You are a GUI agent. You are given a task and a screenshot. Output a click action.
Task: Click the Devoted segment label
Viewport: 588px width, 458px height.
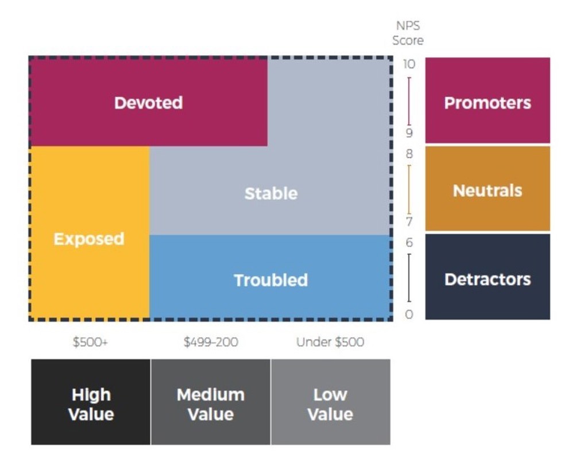(x=148, y=103)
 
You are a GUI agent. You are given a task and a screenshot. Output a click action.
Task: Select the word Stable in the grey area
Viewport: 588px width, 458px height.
(x=271, y=193)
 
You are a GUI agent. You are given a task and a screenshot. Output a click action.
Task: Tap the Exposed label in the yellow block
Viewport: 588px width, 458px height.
(x=89, y=238)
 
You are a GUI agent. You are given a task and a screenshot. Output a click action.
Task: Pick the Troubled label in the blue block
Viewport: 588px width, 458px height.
(x=270, y=280)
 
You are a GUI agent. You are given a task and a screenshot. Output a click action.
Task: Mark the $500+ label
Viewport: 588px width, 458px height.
(x=90, y=342)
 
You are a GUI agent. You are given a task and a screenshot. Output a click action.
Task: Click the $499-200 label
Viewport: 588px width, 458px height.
(x=211, y=342)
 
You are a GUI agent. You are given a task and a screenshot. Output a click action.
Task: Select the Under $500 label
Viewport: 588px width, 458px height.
(x=330, y=342)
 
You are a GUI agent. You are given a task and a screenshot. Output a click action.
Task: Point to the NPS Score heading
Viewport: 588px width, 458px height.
(x=408, y=33)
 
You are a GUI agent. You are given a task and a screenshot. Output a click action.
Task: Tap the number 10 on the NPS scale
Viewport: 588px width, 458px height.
(x=409, y=64)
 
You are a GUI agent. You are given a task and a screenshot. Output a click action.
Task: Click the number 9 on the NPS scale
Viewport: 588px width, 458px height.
(x=409, y=133)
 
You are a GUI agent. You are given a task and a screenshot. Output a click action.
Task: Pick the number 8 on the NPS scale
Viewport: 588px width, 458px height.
(x=409, y=154)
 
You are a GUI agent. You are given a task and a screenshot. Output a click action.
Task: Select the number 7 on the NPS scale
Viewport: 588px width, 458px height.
(x=409, y=222)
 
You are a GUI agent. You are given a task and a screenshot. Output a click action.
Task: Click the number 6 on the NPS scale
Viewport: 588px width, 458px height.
(x=409, y=243)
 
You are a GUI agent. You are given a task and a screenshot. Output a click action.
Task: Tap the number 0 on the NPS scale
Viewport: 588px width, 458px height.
(x=409, y=314)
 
